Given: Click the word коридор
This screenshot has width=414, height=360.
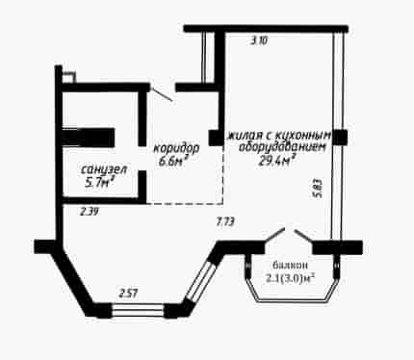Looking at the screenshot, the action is [176, 148].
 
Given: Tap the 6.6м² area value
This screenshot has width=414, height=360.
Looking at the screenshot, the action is [173, 161].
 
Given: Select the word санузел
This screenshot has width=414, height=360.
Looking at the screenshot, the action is [104, 169].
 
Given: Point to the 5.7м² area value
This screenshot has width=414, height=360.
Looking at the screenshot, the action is [99, 182].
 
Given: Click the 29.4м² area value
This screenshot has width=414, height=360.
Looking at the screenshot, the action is [277, 161].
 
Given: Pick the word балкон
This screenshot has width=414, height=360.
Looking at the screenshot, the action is [290, 265].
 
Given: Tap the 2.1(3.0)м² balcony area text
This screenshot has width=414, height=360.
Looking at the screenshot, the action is [290, 277].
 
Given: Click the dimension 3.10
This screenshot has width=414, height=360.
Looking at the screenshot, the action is [259, 41].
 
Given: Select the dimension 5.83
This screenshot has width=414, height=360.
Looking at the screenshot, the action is [317, 189].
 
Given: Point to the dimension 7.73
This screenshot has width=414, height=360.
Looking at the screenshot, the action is [226, 221].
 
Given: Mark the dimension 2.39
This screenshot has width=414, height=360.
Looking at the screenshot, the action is [89, 212].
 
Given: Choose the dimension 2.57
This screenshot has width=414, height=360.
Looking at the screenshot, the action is [128, 294].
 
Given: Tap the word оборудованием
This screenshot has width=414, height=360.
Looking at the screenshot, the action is [282, 147].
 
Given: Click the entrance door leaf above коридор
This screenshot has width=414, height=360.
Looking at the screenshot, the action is [162, 94].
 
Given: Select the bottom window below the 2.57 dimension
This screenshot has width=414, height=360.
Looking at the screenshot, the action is [138, 311].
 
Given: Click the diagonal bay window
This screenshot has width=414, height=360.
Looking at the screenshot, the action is [201, 282].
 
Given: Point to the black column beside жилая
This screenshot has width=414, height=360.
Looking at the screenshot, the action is [216, 138].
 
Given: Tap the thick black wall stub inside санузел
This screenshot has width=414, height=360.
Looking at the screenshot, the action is [89, 138].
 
